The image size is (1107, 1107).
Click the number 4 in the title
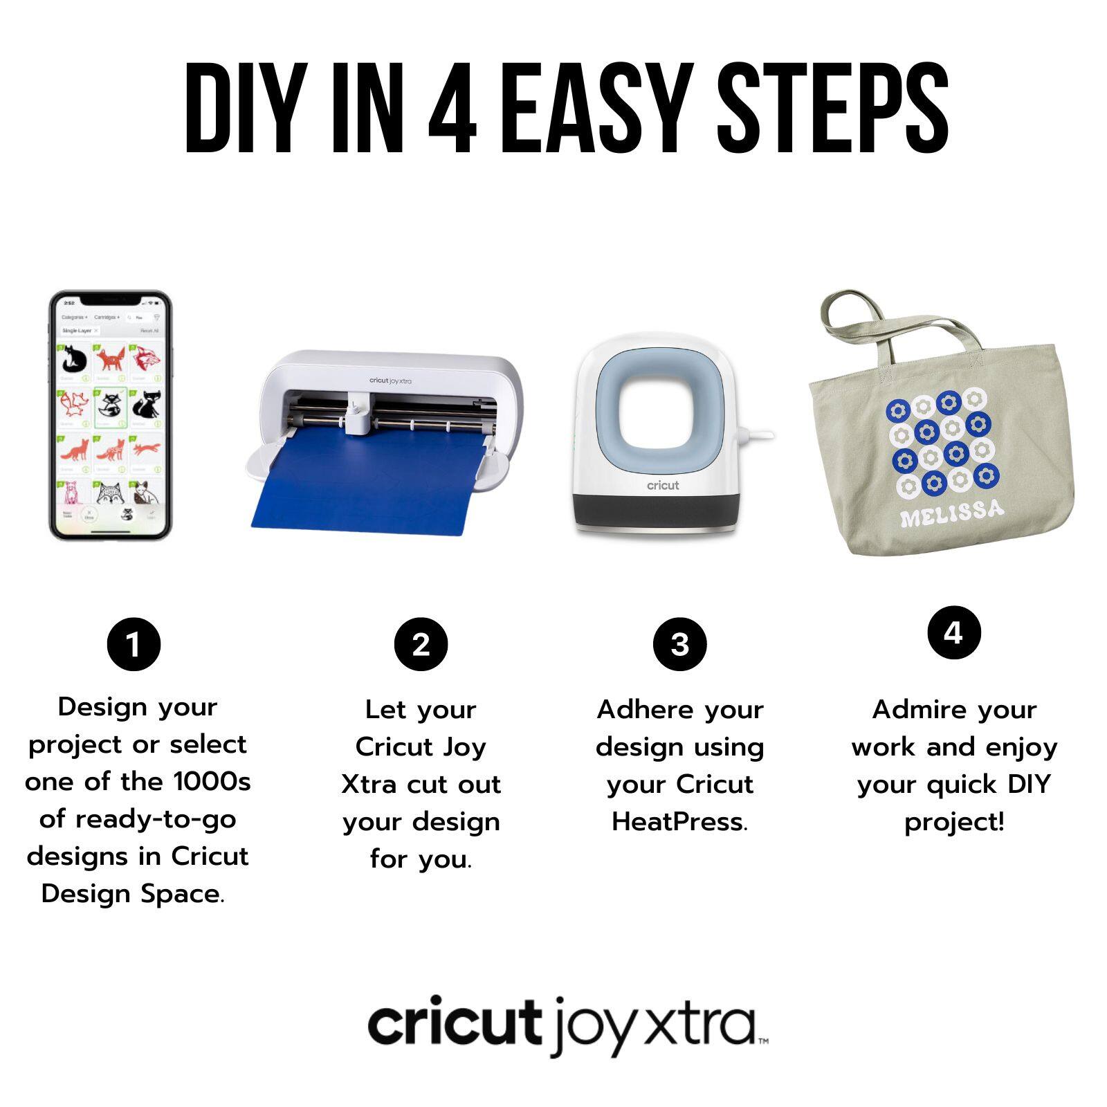[453, 109]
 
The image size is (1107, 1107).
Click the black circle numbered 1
[134, 644]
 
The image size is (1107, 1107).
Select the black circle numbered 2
[421, 644]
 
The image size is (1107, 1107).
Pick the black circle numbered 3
[679, 644]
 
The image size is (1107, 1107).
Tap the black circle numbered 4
[953, 632]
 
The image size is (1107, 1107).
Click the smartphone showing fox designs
[110, 415]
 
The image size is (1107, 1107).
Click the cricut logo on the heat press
[663, 486]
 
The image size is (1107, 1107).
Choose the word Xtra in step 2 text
[369, 785]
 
